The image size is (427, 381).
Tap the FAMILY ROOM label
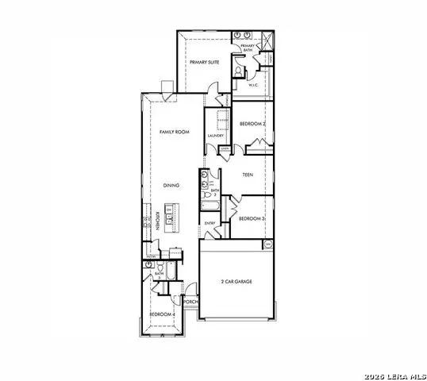(172, 132)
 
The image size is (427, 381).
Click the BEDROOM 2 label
(252, 124)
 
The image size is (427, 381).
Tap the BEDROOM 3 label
(252, 217)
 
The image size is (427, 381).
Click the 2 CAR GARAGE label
(237, 282)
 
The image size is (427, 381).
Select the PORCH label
(190, 302)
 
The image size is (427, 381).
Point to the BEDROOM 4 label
(162, 314)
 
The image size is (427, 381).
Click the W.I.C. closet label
(255, 85)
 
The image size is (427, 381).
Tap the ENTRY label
(210, 224)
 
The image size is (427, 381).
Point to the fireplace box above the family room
(166, 87)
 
